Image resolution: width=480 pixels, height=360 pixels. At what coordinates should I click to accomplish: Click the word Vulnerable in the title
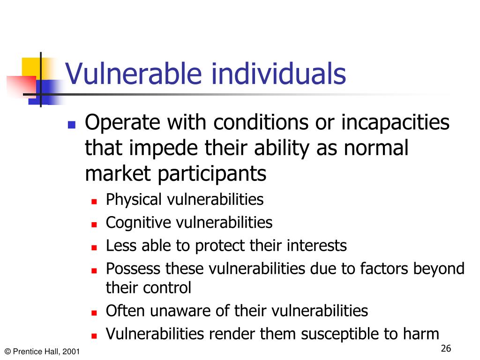click(x=134, y=74)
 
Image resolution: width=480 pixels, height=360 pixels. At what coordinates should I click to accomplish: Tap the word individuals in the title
click(x=279, y=73)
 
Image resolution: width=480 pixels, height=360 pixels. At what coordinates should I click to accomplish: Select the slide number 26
click(x=446, y=348)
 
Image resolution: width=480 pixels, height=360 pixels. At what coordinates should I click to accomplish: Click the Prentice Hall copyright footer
click(x=42, y=352)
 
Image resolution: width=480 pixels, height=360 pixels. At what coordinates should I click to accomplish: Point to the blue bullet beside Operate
click(x=72, y=124)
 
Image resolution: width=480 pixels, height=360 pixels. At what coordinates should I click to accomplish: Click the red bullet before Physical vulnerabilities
click(x=94, y=202)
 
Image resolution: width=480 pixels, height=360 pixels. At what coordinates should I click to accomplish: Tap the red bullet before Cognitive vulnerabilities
click(x=94, y=225)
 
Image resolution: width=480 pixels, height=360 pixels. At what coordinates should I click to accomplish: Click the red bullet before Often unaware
click(x=94, y=313)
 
